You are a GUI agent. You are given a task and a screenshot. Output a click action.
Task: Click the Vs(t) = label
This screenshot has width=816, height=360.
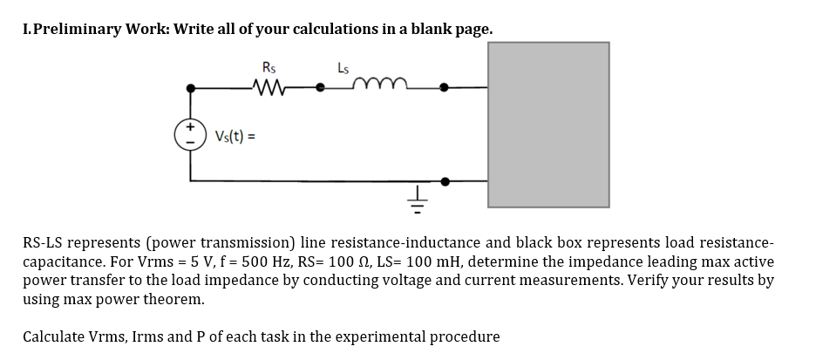234,136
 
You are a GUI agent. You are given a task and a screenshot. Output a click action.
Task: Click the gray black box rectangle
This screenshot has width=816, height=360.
548,125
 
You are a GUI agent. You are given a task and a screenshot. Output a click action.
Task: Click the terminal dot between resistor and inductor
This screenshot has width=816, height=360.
322,87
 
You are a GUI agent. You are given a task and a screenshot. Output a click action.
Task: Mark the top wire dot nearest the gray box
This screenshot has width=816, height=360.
445,87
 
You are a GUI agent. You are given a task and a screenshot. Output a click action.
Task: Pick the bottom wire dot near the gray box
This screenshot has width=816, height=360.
445,182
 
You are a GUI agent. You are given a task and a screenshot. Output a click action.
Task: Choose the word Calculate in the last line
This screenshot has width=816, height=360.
57,336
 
